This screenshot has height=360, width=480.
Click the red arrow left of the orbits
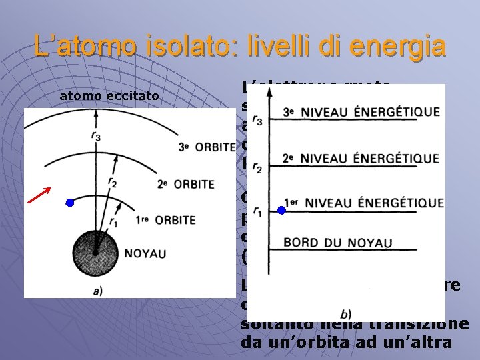click(39, 194)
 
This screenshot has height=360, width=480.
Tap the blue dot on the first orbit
click(69, 203)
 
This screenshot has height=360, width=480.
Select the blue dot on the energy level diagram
click(281, 210)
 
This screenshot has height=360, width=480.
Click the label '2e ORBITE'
click(187, 184)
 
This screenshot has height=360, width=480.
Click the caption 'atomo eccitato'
click(109, 97)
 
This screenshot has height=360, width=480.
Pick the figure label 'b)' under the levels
click(345, 313)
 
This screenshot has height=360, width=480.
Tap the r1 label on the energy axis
click(257, 212)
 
